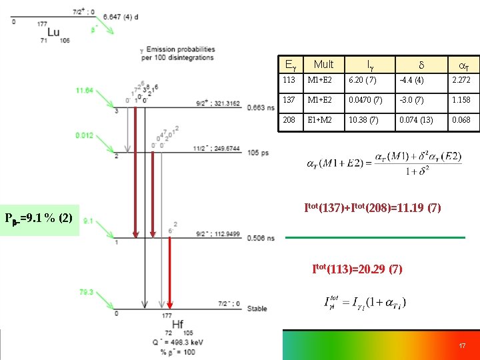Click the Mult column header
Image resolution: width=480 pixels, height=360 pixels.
click(323, 64)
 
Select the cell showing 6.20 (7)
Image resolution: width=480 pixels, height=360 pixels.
click(362, 80)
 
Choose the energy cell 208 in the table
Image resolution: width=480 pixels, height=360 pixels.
click(288, 120)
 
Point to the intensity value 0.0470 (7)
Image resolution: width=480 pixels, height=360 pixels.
click(365, 100)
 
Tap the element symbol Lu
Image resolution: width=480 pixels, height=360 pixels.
click(53, 32)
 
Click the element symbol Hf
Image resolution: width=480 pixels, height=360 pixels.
click(178, 324)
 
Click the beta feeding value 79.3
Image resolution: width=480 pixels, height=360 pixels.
click(85, 292)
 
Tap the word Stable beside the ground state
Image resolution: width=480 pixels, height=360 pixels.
click(257, 309)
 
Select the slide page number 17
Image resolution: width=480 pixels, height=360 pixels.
click(461, 346)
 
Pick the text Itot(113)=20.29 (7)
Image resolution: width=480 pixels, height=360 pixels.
click(357, 269)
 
